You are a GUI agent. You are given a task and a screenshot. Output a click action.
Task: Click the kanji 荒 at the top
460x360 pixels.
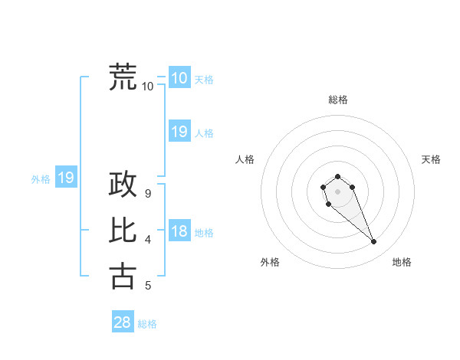[123, 77]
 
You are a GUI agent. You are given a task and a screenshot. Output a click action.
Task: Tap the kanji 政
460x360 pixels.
[123, 185]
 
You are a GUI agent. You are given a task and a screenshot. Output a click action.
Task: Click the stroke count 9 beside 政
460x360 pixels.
[148, 194]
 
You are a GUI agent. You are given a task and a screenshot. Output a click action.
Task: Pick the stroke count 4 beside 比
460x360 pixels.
[148, 240]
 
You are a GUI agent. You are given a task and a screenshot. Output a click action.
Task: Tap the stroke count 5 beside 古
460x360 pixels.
[148, 286]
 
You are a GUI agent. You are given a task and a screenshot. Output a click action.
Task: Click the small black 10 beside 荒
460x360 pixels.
[148, 86]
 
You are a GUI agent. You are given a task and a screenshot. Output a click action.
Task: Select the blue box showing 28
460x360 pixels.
[122, 322]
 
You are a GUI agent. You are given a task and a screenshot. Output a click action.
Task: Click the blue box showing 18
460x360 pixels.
[179, 231]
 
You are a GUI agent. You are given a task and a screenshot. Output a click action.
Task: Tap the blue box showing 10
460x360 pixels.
[179, 77]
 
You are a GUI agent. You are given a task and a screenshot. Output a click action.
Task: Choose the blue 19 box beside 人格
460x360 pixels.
[179, 132]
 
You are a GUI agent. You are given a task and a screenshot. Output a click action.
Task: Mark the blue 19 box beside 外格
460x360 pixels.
[66, 178]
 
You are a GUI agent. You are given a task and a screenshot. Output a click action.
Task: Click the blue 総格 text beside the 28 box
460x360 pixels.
[147, 324]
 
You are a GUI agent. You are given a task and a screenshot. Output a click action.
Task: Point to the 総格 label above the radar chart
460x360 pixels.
[337, 100]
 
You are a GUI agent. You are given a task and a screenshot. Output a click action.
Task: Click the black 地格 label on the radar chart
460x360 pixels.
[402, 262]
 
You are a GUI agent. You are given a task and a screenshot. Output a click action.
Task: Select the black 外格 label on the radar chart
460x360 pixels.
[270, 262]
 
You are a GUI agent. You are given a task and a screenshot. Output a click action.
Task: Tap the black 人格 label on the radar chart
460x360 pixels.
[245, 159]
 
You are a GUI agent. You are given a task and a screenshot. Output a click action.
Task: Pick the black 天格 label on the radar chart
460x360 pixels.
[431, 159]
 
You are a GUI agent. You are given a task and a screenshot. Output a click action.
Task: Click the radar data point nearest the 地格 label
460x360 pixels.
[374, 242]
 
